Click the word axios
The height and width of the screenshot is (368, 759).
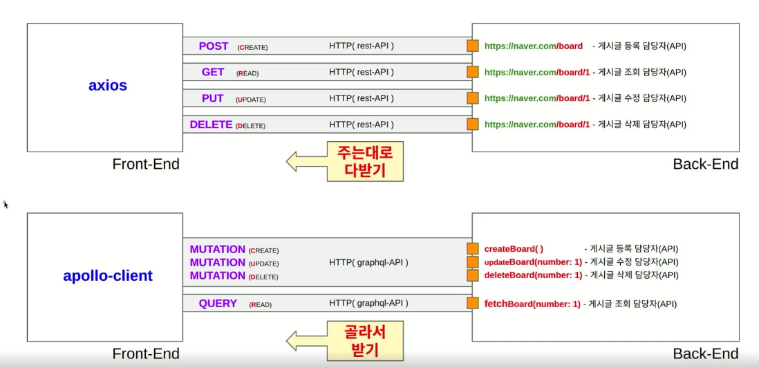tap(108, 86)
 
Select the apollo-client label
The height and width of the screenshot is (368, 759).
tap(107, 276)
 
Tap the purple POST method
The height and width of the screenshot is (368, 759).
tap(213, 46)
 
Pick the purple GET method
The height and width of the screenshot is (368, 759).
tap(213, 72)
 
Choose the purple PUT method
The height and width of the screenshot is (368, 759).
tap(212, 98)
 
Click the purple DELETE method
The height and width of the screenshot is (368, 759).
tap(211, 125)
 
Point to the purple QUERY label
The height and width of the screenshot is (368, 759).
tap(218, 303)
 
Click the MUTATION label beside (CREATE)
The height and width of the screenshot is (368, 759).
tap(218, 249)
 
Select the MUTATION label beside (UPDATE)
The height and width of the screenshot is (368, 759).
tap(218, 262)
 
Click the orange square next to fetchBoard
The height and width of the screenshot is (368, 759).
tap(473, 303)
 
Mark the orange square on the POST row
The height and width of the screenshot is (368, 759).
tap(473, 46)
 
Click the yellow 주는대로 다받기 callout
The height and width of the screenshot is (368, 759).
tap(364, 161)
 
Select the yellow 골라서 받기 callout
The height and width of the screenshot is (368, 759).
tap(364, 340)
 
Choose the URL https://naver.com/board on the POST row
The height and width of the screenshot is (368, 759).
tap(534, 46)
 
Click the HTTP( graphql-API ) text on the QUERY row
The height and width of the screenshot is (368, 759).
tap(368, 303)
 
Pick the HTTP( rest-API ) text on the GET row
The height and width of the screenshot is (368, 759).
tap(362, 72)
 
